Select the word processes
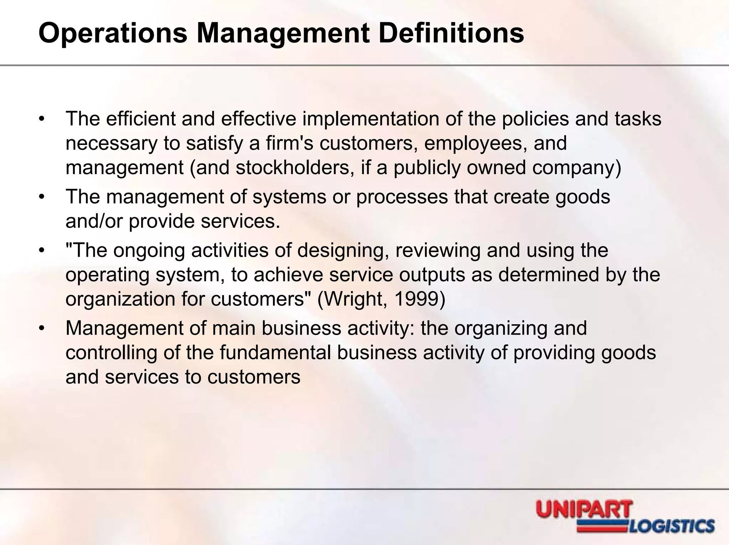tap(402, 197)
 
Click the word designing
tap(342, 250)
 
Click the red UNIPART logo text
tap(584, 509)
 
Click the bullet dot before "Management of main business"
tap(42, 328)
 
